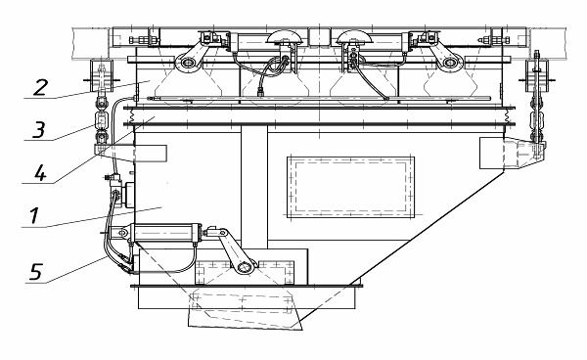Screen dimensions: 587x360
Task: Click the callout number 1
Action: pyautogui.click(x=34, y=216)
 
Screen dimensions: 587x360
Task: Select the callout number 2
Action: pyautogui.click(x=40, y=87)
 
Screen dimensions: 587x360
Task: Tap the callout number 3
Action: pyautogui.click(x=38, y=129)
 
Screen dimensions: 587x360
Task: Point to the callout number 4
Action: pyautogui.click(x=40, y=173)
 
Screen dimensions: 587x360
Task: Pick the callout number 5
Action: pyautogui.click(x=36, y=272)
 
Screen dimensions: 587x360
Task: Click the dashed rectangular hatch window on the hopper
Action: pyautogui.click(x=351, y=187)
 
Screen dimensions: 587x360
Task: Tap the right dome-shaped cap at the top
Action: pyautogui.click(x=354, y=36)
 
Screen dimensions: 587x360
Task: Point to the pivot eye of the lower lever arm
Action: pyautogui.click(x=245, y=268)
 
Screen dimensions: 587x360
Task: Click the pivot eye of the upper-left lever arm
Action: pyautogui.click(x=187, y=63)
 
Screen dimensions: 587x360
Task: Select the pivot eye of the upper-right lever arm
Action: pyautogui.click(x=447, y=63)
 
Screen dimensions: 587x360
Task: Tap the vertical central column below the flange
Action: pyautogui.click(x=254, y=187)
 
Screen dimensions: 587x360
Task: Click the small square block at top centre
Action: pyautogui.click(x=319, y=37)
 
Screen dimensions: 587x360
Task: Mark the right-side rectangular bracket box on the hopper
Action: pyautogui.click(x=492, y=153)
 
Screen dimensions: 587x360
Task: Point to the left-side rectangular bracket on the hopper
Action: pyautogui.click(x=151, y=153)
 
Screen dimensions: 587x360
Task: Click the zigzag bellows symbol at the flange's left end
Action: pyautogui.click(x=131, y=116)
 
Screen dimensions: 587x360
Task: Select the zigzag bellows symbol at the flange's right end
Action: pyautogui.click(x=507, y=116)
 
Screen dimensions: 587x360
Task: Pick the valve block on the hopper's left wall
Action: pyautogui.click(x=124, y=195)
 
